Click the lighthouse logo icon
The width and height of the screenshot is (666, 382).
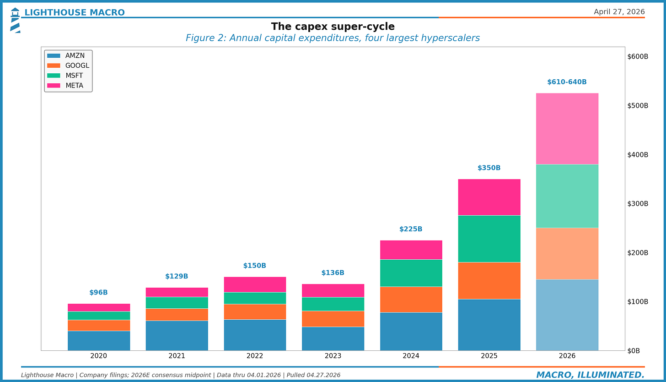[15, 20]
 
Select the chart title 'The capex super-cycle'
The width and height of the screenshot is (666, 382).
[333, 27]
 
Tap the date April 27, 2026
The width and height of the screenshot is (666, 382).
[619, 12]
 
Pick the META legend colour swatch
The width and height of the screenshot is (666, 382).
[54, 86]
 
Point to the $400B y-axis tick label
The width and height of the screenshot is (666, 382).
[637, 155]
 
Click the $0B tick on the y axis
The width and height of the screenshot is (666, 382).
[633, 351]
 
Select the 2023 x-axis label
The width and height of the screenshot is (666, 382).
[333, 356]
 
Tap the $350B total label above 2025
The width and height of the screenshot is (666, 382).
[489, 168]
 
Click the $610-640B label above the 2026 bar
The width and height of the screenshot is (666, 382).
[567, 82]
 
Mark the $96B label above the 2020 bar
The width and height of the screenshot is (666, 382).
[98, 293]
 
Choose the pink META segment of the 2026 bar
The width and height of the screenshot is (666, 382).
[567, 129]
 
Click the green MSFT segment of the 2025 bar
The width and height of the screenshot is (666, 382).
[489, 239]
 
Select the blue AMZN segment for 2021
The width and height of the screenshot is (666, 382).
[177, 335]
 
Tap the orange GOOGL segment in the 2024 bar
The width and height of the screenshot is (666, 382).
[411, 299]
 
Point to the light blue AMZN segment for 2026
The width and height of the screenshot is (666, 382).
[567, 315]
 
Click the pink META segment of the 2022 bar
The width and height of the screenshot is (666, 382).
[255, 284]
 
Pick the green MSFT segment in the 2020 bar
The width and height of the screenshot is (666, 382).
[98, 316]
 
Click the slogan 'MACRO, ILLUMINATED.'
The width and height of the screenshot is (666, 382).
[590, 375]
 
